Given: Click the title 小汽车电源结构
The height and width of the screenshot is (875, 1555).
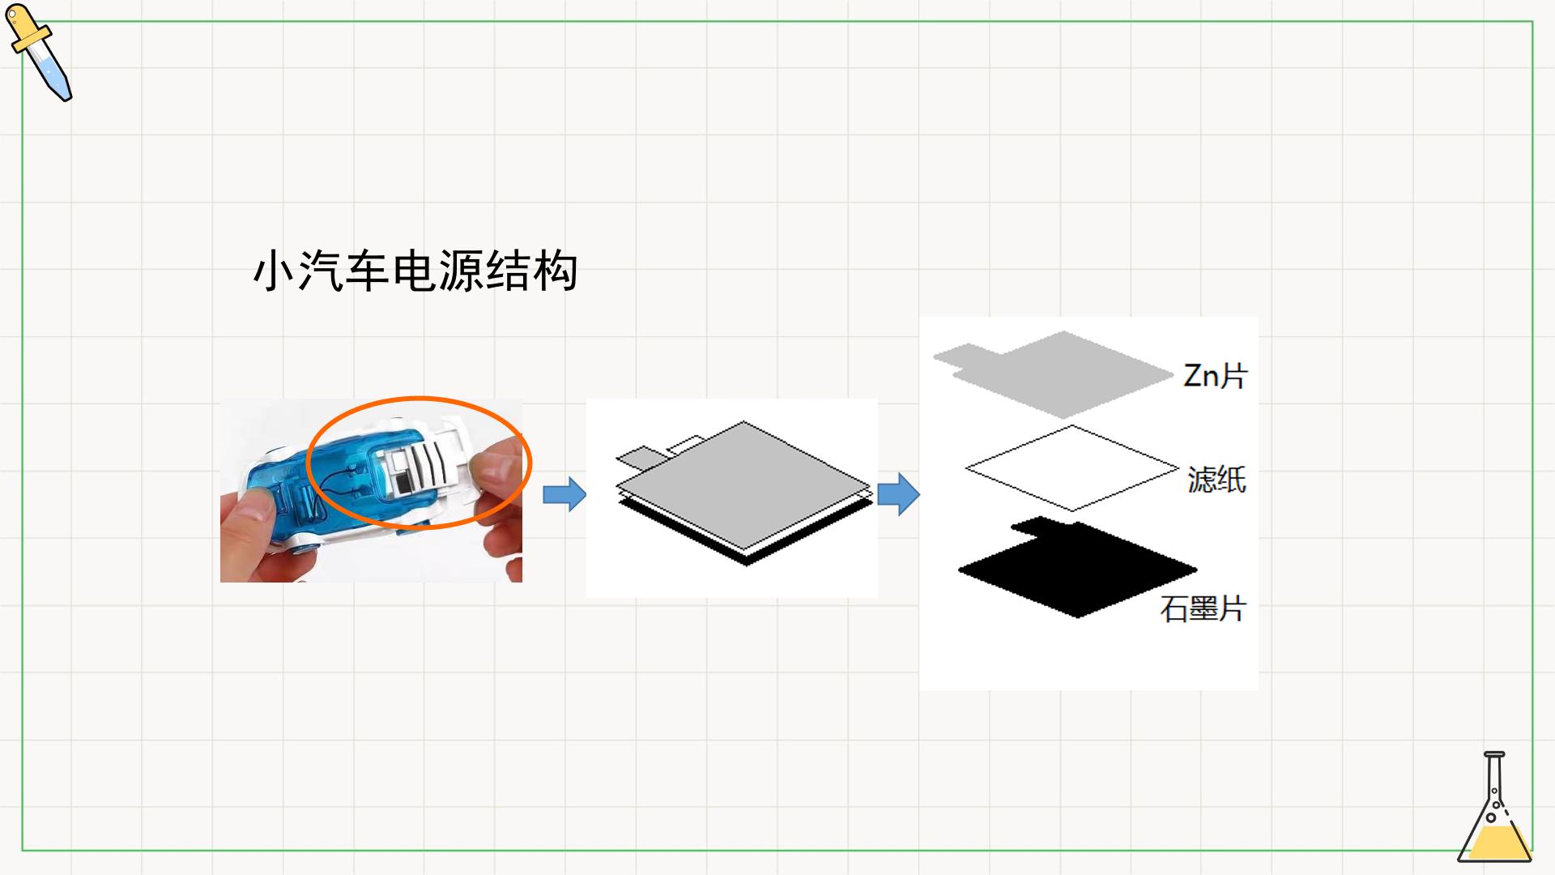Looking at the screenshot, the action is pos(415,271).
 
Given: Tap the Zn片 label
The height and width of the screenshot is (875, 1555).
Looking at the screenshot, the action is pos(1215,375).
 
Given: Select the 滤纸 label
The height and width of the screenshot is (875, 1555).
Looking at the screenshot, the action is pos(1216,479).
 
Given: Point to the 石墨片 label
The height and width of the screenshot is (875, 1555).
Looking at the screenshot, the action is pos(1203,608).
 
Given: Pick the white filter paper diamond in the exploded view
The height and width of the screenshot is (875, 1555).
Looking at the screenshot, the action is pos(1072,468).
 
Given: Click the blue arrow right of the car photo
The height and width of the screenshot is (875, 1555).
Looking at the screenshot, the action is pos(564,493).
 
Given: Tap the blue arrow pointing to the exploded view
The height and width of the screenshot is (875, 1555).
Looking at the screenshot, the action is pos(898,493).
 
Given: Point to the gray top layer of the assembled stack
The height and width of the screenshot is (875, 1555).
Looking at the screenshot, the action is pos(743,484).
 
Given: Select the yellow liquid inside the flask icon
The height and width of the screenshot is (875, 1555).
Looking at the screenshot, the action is pos(1494,843).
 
